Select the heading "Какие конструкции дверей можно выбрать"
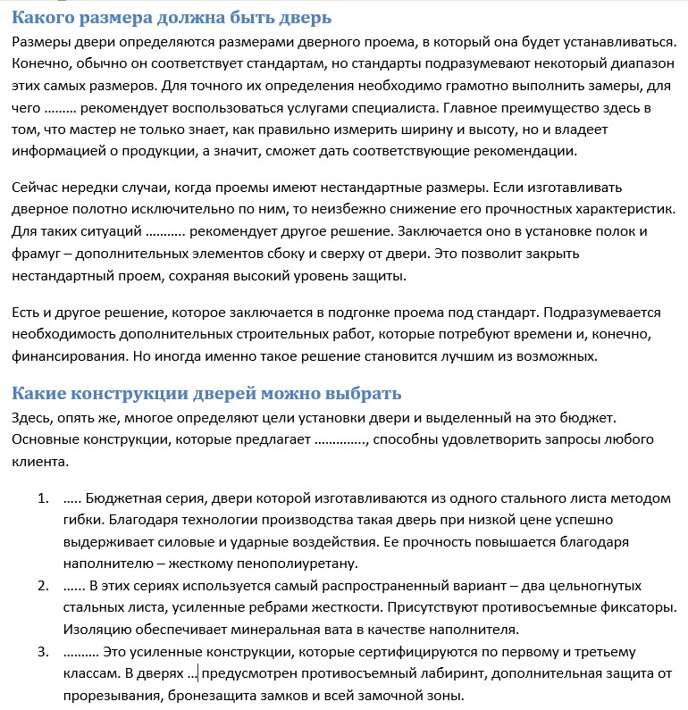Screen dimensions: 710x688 206,394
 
